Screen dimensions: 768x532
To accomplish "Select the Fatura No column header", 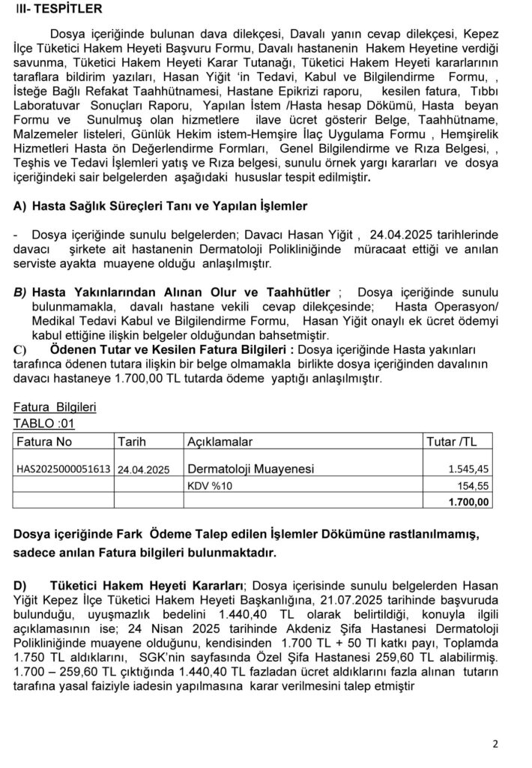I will (44, 441).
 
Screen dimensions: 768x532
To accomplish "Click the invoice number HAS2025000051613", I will (64, 469).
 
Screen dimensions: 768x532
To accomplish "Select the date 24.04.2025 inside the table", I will (144, 469).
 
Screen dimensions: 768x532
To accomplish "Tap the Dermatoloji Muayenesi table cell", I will (250, 469).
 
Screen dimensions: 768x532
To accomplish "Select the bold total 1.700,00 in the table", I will (469, 502).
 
